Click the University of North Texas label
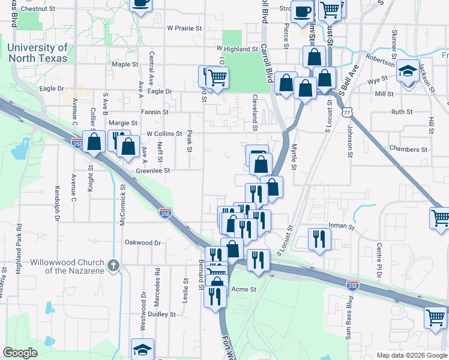coord(37,53)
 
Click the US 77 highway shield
coord(346,111)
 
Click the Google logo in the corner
coord(20,352)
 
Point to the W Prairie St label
coord(187,28)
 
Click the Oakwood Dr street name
coord(143,243)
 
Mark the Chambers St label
coord(408,149)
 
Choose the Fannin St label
coord(155,112)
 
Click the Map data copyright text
coord(411,355)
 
